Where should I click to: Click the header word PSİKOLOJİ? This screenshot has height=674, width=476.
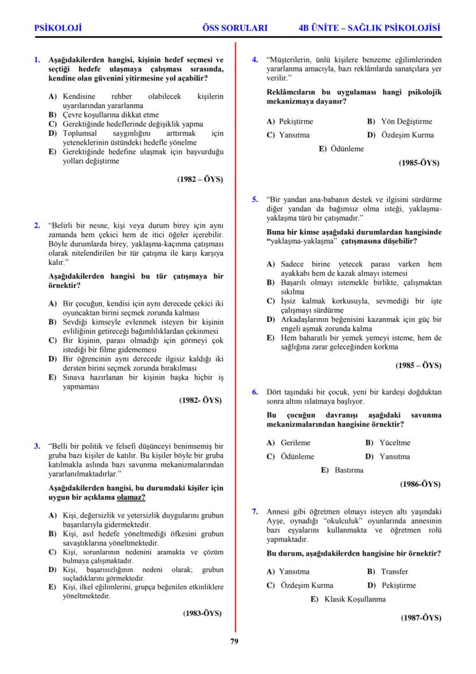pyautogui.click(x=58, y=27)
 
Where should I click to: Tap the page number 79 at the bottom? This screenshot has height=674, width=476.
pyautogui.click(x=235, y=642)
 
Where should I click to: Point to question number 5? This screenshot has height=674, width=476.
pyautogui.click(x=255, y=200)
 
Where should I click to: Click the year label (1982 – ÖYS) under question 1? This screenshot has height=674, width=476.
pyautogui.click(x=200, y=179)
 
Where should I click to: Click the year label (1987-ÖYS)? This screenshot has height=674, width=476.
pyautogui.click(x=421, y=618)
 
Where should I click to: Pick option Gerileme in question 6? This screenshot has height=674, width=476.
pyautogui.click(x=295, y=443)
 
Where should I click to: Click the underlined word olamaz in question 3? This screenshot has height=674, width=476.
pyautogui.click(x=130, y=497)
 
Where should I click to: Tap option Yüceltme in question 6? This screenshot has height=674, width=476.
pyautogui.click(x=395, y=443)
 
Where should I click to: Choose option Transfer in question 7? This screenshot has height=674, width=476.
pyautogui.click(x=394, y=572)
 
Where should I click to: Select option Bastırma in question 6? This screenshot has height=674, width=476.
pyautogui.click(x=349, y=470)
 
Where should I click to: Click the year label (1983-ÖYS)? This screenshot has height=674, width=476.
pyautogui.click(x=202, y=613)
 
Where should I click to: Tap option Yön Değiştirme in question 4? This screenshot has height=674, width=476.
pyautogui.click(x=406, y=121)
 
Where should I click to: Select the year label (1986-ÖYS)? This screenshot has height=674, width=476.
pyautogui.click(x=420, y=485)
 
